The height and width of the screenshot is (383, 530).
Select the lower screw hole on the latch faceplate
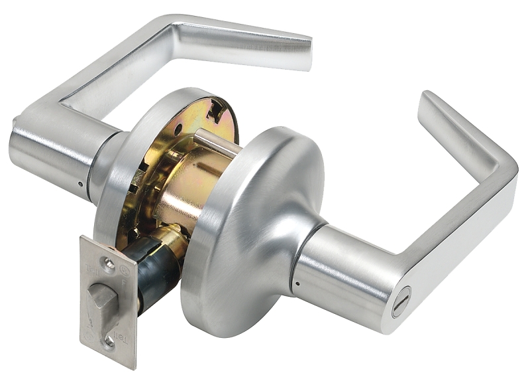[x=108, y=341]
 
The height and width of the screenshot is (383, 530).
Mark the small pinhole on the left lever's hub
[x=80, y=184]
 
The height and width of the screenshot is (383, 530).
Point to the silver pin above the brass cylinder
[x=215, y=143]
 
